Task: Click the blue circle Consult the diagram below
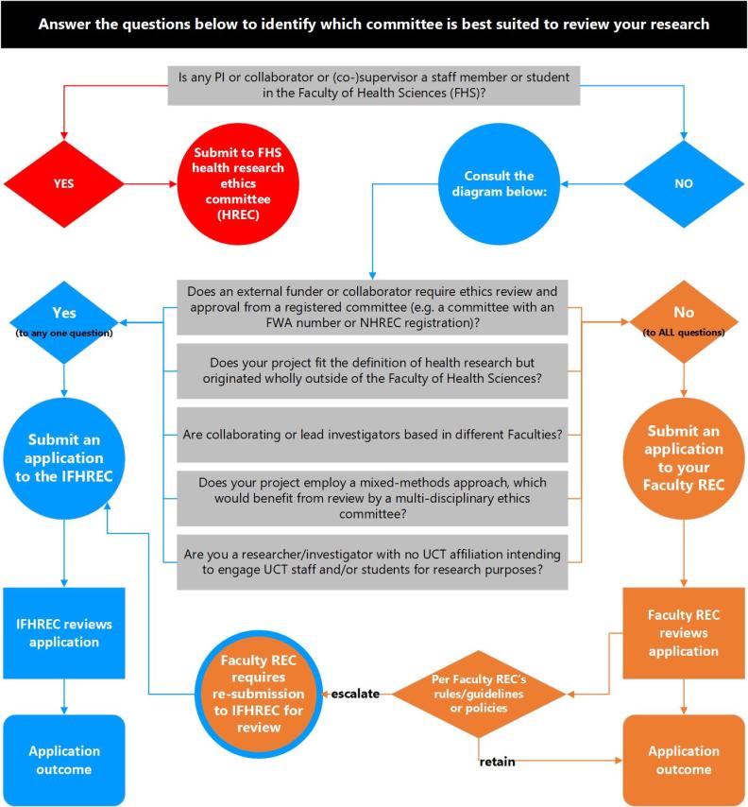(x=512, y=185)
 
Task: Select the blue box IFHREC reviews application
(x=63, y=633)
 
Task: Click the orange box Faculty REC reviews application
(x=683, y=633)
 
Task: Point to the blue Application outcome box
(x=63, y=760)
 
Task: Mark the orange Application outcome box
(x=683, y=760)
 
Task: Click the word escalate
(x=354, y=694)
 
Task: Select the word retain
(x=497, y=761)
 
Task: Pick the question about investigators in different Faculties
(x=372, y=435)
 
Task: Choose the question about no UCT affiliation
(x=372, y=562)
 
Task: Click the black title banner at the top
(x=374, y=24)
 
